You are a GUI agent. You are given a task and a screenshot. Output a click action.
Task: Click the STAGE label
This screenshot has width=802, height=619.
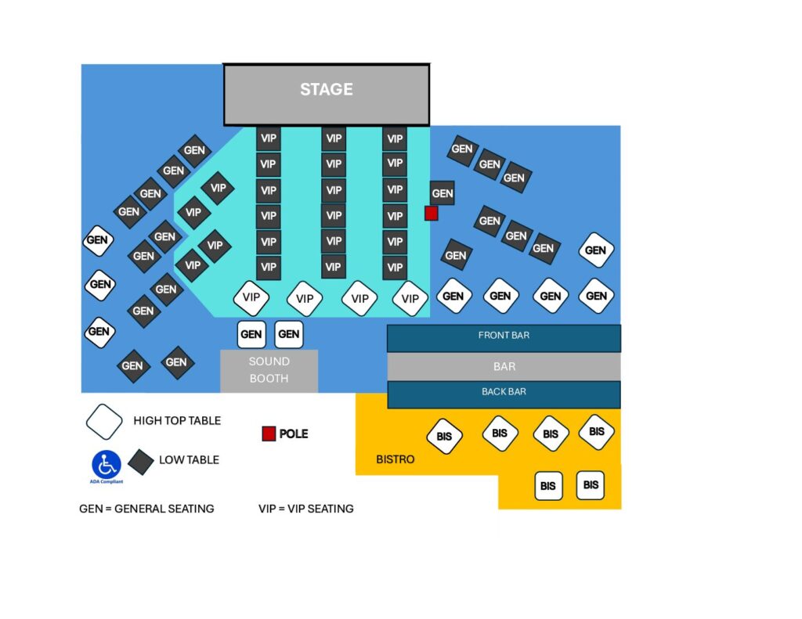point(326,90)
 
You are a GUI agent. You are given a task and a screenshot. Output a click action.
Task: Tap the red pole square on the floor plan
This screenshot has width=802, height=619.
point(431,213)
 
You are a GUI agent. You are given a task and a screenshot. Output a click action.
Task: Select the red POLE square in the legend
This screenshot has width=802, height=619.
point(269,434)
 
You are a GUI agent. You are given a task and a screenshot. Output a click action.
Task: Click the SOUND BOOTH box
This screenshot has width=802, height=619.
point(269,371)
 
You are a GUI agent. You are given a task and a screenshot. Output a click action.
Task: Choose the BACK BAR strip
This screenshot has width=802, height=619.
point(504,393)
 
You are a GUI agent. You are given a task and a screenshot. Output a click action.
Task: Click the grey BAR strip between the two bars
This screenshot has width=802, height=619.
point(504,365)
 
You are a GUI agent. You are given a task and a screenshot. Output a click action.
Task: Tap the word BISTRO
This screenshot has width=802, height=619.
point(395,459)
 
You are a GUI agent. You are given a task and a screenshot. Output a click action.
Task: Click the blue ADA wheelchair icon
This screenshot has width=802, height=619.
point(106,464)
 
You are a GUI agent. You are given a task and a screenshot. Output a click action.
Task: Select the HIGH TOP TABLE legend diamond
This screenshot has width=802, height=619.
point(104,422)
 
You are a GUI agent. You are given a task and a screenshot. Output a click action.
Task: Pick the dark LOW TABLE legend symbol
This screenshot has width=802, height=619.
point(141,462)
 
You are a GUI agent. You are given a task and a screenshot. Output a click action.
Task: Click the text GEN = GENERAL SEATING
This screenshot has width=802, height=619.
point(146,509)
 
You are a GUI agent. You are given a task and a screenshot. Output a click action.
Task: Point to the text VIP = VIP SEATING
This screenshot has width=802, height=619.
point(306,509)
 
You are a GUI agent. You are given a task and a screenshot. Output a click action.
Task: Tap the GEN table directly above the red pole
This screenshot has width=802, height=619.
point(442,193)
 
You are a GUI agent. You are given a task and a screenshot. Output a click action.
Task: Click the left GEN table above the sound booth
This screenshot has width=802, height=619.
point(251,334)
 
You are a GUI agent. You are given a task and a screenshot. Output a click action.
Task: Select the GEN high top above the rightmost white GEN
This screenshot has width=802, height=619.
point(596,250)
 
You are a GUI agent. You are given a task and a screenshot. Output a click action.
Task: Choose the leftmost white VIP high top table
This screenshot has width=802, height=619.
point(251,297)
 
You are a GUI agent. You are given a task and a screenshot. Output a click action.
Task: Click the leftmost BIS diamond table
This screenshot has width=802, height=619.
point(444,437)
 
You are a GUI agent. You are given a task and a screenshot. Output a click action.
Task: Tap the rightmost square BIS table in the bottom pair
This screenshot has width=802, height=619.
point(591,485)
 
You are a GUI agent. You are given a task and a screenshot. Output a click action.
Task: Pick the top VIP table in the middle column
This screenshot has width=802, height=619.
point(334,139)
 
